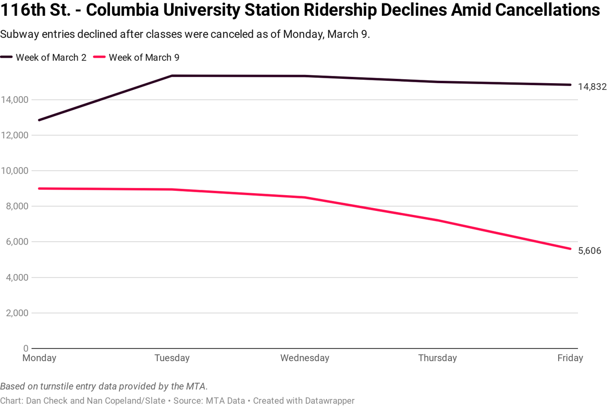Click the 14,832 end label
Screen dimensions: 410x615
(592, 87)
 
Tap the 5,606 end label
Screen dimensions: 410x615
(590, 250)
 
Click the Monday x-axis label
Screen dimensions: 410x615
(39, 358)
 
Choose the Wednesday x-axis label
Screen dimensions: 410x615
(305, 358)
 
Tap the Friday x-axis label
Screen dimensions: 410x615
(570, 358)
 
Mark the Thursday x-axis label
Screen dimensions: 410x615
(437, 358)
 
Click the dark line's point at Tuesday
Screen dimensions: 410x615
(172, 75)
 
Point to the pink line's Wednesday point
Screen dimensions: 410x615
(305, 198)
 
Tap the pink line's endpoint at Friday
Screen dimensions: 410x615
(570, 248)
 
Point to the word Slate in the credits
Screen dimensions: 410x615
(155, 401)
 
